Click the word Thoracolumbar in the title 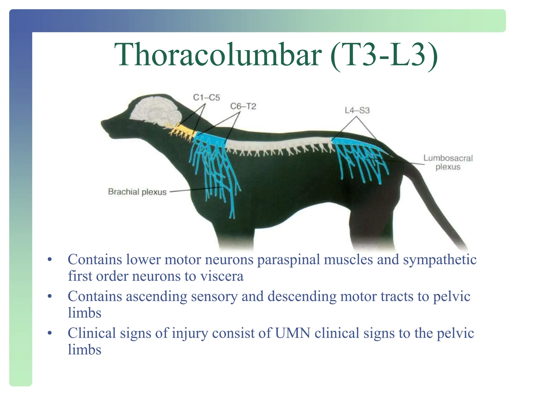218,54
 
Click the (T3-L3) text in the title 384,54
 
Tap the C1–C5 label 206,97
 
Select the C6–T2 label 243,106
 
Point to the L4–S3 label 357,110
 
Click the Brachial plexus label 137,192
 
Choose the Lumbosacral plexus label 448,162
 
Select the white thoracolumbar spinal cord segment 278,143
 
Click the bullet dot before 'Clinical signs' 49,333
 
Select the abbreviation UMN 293,333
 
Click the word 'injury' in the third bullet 190,333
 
